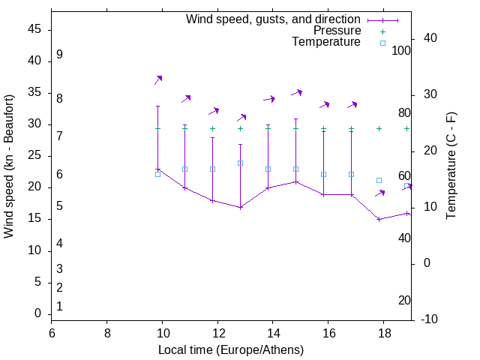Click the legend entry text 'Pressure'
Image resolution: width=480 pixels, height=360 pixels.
(x=337, y=31)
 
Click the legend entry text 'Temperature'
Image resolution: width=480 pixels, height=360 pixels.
(x=326, y=42)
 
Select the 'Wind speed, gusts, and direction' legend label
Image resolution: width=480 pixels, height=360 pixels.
(x=273, y=19)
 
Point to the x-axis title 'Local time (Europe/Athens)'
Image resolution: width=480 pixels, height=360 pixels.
(x=230, y=350)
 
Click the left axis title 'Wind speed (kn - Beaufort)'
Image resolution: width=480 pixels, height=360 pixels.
(x=9, y=166)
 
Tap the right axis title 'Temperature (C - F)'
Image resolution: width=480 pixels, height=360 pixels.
(x=451, y=166)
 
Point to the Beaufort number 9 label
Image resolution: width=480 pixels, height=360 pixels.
(x=59, y=55)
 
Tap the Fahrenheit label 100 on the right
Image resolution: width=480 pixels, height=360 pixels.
(x=402, y=51)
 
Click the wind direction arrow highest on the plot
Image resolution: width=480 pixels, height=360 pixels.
(x=158, y=79)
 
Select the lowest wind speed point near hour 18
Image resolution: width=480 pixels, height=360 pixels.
(x=379, y=219)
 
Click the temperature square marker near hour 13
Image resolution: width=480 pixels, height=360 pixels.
(x=240, y=163)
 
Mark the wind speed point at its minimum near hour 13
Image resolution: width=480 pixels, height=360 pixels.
(x=240, y=207)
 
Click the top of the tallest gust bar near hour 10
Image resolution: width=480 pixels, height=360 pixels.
(x=157, y=106)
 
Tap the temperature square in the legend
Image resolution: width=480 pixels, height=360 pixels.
(x=382, y=43)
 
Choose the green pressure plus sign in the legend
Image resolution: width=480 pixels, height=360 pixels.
(x=382, y=31)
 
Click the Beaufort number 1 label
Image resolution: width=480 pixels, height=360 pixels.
(x=59, y=306)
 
